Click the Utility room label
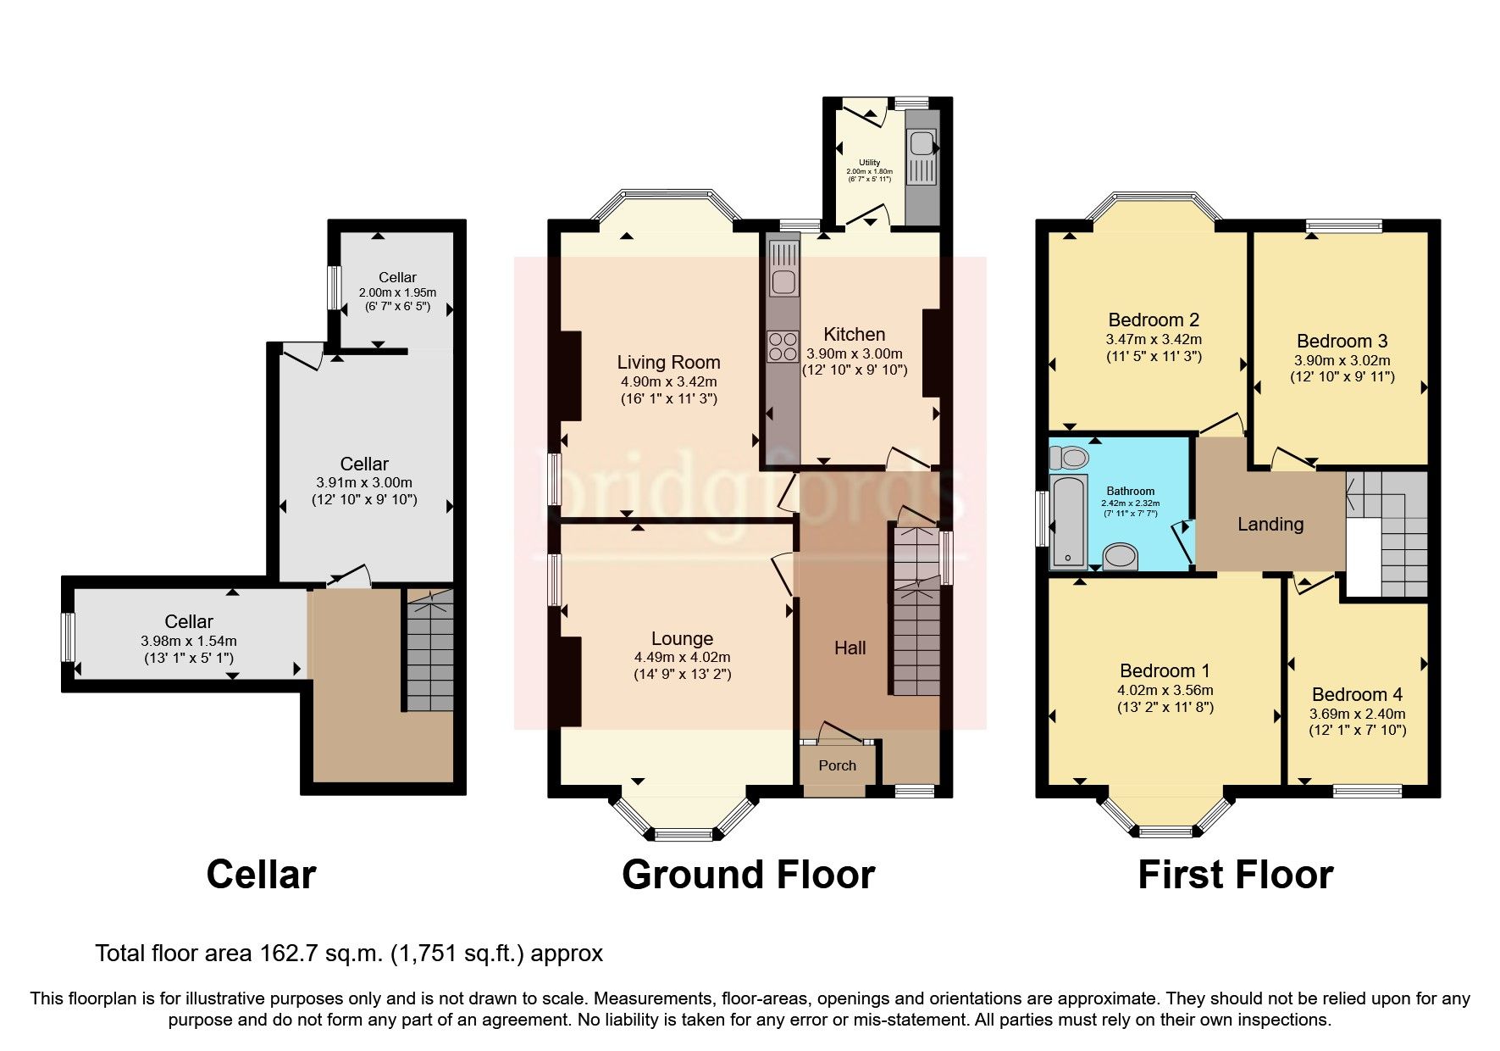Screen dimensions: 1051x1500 [869, 162]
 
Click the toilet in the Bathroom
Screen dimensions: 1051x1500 [1068, 458]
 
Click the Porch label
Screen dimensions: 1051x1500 [837, 765]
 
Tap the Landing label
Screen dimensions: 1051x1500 [1270, 524]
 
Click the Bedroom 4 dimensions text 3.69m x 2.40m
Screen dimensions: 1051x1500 [1357, 714]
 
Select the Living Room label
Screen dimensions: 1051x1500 [668, 363]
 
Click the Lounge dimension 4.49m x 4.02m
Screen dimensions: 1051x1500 [682, 657]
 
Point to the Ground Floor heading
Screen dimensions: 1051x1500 [748, 875]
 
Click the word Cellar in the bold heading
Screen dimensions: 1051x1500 [261, 875]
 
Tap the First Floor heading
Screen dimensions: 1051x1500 [1235, 875]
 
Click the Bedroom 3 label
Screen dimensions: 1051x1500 [1342, 341]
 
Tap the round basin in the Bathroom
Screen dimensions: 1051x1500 [1122, 557]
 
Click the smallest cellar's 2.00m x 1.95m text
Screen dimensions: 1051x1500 [397, 292]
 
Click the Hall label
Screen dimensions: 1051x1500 [850, 648]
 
